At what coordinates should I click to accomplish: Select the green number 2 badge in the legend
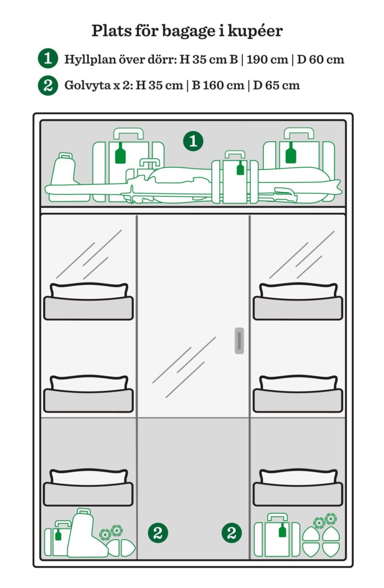tap(48, 86)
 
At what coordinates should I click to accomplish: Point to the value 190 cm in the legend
tap(267, 60)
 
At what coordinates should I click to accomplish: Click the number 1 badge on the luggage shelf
tap(193, 141)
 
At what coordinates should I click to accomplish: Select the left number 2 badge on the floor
tap(158, 532)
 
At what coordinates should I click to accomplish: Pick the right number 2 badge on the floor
tap(231, 532)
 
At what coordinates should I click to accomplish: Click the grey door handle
tap(239, 341)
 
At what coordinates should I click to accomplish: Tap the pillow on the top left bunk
tap(89, 291)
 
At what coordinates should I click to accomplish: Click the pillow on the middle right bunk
tap(298, 383)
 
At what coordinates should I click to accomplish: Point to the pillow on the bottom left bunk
tap(89, 476)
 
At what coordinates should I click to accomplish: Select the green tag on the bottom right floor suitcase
tap(282, 530)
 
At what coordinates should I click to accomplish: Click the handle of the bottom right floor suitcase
tap(277, 518)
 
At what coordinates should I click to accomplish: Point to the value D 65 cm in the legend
tap(276, 86)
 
